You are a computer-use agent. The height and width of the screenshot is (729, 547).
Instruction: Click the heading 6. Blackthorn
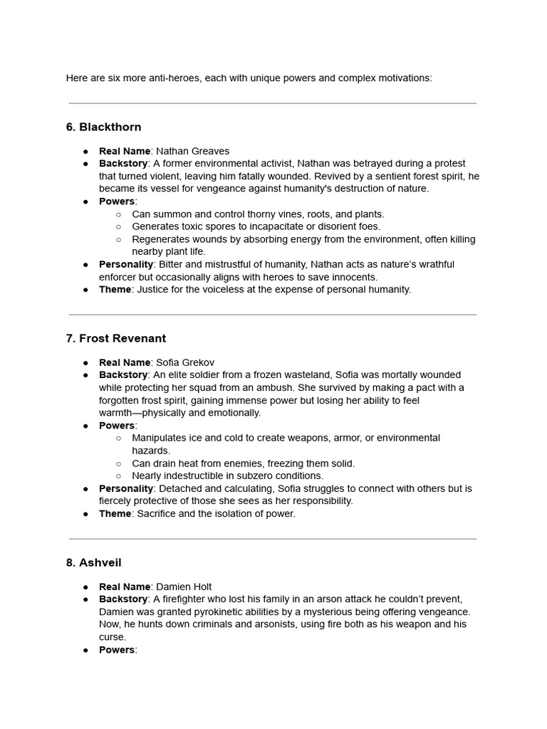(x=103, y=127)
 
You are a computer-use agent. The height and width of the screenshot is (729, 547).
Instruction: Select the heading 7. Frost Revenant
(x=115, y=339)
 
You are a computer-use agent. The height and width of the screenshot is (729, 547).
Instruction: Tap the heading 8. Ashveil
(x=93, y=563)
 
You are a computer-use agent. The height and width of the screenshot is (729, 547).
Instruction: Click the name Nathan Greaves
(x=192, y=151)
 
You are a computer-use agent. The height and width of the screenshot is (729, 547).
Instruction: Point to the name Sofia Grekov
(x=184, y=362)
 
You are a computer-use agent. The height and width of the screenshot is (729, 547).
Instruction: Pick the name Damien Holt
(x=184, y=587)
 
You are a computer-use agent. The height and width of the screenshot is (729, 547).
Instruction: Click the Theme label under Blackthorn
(x=115, y=290)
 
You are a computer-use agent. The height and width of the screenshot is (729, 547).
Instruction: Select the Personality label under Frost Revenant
(x=126, y=488)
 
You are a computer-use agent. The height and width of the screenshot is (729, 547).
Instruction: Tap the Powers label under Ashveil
(x=117, y=650)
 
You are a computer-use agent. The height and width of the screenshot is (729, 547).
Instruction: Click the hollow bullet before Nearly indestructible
(x=118, y=476)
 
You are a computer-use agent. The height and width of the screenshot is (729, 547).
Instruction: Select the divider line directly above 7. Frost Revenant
(x=273, y=315)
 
